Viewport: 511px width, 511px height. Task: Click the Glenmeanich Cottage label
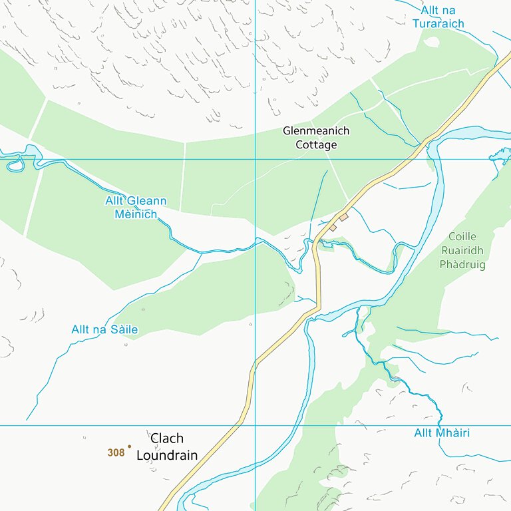tap(315, 138)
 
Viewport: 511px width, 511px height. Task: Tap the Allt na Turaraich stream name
tap(438, 17)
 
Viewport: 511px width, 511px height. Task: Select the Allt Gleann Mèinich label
tap(136, 208)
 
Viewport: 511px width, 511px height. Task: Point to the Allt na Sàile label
tap(104, 329)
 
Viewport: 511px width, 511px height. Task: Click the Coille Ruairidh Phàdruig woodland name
tap(462, 250)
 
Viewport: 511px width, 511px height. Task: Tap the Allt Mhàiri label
tap(442, 433)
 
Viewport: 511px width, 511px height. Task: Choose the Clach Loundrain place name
tap(167, 446)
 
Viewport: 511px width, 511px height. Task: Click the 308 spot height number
tap(116, 452)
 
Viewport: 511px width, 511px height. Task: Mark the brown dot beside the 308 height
tap(129, 446)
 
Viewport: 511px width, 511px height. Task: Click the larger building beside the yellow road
tap(344, 217)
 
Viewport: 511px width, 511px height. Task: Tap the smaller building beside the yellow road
tap(333, 228)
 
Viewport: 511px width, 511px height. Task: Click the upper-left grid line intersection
tap(255, 159)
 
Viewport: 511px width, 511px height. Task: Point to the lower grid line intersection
tap(255, 425)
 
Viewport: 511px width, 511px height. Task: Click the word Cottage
tap(317, 145)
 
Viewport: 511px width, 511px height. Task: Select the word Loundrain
tap(167, 456)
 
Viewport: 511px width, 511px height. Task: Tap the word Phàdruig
tap(462, 265)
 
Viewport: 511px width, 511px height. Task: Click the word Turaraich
tap(438, 24)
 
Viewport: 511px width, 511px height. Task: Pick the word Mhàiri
tap(452, 433)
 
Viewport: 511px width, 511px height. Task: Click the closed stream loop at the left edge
tap(16, 163)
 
